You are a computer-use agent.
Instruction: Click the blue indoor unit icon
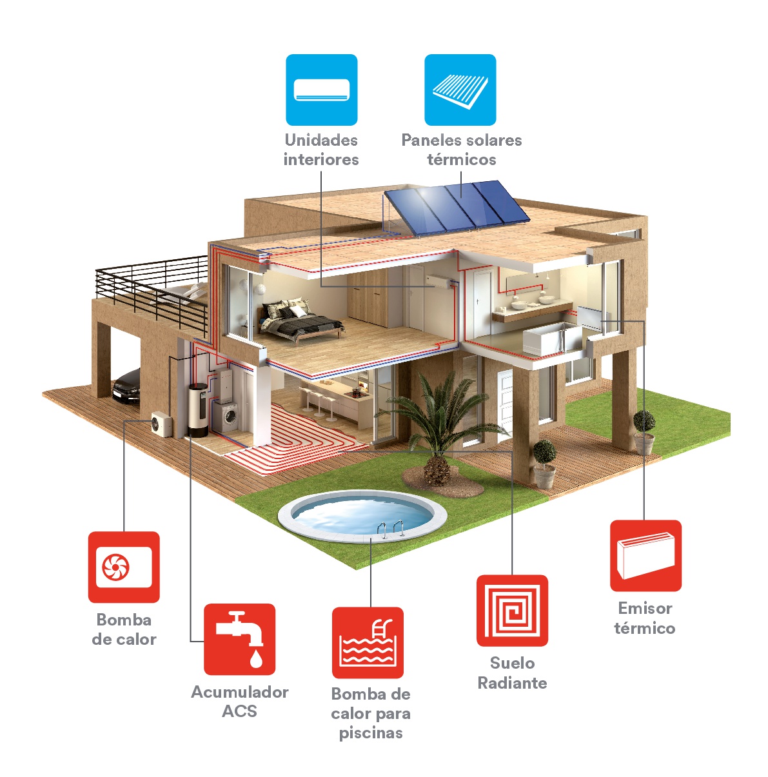click(x=322, y=90)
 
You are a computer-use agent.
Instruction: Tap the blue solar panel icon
click(x=460, y=90)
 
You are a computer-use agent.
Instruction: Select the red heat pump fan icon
click(x=124, y=567)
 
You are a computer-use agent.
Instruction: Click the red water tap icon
click(x=240, y=639)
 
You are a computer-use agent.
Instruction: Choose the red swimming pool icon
click(x=368, y=643)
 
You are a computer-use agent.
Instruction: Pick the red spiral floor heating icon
click(x=512, y=611)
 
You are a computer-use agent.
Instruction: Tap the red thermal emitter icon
click(x=645, y=556)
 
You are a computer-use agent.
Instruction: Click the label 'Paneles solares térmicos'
click(x=462, y=150)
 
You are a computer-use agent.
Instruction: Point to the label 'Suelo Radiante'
click(x=512, y=673)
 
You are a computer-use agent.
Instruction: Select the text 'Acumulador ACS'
click(x=240, y=702)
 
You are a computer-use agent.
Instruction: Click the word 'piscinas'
click(x=371, y=733)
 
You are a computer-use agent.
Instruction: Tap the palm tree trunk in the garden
click(x=437, y=470)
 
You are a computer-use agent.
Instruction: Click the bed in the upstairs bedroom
click(x=300, y=320)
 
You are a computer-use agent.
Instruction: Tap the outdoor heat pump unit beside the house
click(x=162, y=424)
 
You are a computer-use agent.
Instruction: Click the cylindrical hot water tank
click(x=198, y=410)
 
